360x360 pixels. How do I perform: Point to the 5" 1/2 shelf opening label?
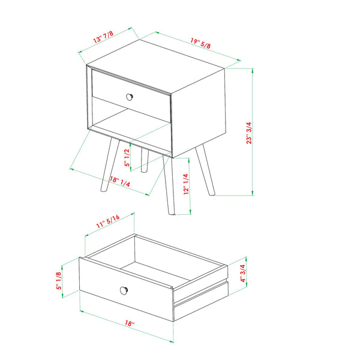coord(127,155)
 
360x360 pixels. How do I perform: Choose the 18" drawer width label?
coord(128,324)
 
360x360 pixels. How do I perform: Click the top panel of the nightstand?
coord(156,66)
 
